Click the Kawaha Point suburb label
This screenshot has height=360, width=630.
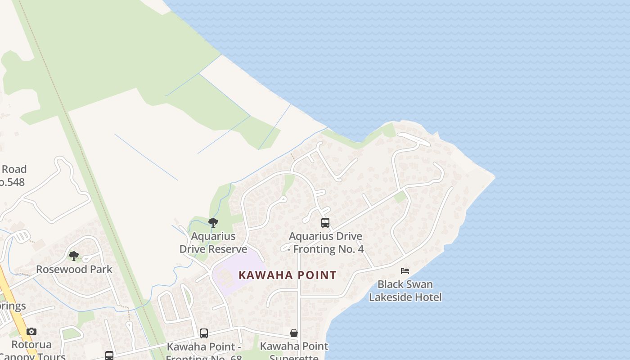click(x=287, y=275)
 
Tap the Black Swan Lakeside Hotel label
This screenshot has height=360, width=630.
click(x=405, y=291)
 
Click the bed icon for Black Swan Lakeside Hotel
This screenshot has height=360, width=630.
click(x=405, y=271)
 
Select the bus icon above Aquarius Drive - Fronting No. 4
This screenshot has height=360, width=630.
click(x=325, y=222)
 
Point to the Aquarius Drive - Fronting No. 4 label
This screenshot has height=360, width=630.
click(x=326, y=243)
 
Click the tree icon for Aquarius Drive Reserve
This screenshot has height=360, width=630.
click(x=213, y=222)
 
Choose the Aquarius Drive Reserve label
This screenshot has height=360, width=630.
click(x=213, y=243)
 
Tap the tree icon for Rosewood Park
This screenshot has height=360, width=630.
click(x=74, y=256)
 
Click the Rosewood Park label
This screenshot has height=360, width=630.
click(x=74, y=269)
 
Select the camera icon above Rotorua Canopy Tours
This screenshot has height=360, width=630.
click(x=31, y=332)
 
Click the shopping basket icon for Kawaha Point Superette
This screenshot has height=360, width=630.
click(x=294, y=333)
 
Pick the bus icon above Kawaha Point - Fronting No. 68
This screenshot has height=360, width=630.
click(x=204, y=333)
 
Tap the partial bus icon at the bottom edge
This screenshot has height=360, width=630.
click(x=109, y=356)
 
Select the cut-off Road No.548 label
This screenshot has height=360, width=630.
click(x=13, y=175)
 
